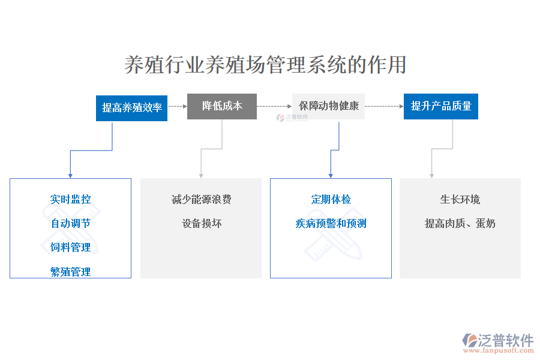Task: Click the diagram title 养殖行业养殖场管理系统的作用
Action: coord(265,65)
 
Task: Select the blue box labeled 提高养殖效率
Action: coord(131,108)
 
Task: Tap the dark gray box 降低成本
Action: coord(222,106)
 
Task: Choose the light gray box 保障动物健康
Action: coord(329,106)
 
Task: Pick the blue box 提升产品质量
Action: coord(441,106)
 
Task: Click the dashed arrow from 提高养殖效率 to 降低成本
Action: coord(178,106)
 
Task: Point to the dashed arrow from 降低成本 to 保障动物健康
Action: coord(274,106)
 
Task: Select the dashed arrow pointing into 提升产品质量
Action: coord(385,106)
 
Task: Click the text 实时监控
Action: coord(71,199)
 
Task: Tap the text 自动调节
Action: coord(71,223)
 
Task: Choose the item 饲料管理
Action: coord(71,247)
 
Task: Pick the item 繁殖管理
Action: coord(71,271)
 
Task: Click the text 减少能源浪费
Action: coord(202,199)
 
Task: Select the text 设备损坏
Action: coord(202,223)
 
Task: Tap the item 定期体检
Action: coord(331,199)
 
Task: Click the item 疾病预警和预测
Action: coord(331,223)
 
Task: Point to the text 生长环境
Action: coord(460,199)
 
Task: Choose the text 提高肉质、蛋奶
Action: coord(460,223)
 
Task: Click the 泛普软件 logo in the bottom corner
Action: coord(498,340)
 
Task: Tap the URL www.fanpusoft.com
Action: coord(499,350)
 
